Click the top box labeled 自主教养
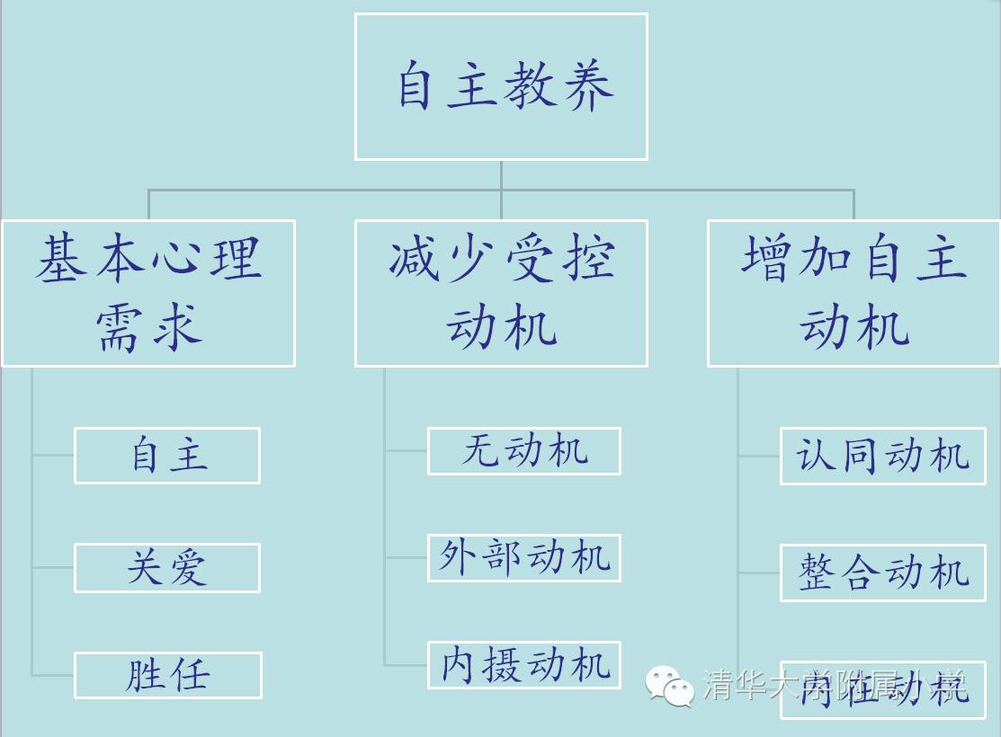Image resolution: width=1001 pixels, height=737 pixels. (x=501, y=87)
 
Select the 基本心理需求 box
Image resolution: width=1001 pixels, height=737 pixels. (x=148, y=293)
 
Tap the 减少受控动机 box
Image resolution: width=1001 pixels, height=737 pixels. (x=501, y=293)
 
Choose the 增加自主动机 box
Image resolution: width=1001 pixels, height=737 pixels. (x=854, y=293)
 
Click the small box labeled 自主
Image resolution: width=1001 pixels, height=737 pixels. (x=167, y=456)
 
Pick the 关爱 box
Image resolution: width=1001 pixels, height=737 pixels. (x=167, y=568)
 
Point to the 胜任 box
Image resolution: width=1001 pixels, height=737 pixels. (x=167, y=675)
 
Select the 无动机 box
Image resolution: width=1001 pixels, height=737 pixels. (x=524, y=451)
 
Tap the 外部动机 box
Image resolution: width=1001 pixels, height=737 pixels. (x=524, y=558)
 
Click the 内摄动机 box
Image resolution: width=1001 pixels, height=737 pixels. (x=524, y=665)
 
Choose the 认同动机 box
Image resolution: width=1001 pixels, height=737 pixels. (x=882, y=457)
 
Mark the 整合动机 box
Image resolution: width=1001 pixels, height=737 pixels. (x=882, y=573)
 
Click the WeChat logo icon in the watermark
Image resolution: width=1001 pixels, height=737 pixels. (x=670, y=687)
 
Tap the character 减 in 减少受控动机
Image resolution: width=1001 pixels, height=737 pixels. (x=415, y=259)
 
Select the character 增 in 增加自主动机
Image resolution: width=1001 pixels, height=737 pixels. (x=767, y=259)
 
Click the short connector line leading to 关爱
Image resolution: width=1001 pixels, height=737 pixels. (x=53, y=567)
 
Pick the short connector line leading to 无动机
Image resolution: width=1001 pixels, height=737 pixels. (x=406, y=451)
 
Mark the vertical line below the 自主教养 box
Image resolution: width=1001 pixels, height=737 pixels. (x=501, y=175)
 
